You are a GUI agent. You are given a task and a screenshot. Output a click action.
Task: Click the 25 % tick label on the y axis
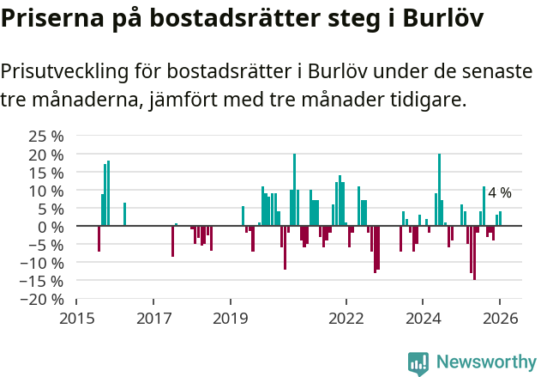coord(45,137)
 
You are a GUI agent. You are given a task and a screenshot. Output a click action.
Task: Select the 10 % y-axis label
coord(45,191)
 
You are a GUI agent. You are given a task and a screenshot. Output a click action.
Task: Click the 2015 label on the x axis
coord(76,319)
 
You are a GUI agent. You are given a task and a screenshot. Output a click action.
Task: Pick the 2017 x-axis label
coord(153,319)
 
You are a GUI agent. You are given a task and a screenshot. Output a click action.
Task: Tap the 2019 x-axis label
coord(230,319)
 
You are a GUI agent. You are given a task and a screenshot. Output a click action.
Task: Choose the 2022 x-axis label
coord(346,319)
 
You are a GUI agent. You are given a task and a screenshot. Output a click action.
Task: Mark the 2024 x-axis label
coord(423,319)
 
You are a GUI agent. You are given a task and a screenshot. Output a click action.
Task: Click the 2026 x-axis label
coord(500,319)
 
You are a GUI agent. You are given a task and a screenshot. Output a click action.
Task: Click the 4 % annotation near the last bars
coord(500,192)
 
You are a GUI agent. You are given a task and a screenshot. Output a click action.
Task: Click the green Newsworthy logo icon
coord(418,363)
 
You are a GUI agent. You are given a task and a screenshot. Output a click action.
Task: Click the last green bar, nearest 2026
coord(501,219)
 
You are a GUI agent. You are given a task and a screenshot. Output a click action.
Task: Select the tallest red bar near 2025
coord(474,252)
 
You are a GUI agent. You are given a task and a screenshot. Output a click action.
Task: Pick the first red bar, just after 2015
coord(99,239)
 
